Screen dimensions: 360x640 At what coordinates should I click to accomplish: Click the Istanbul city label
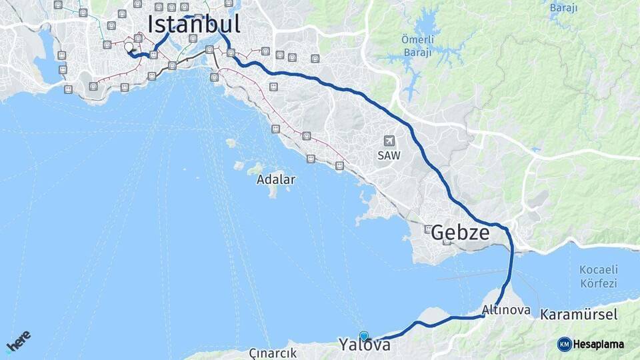[194, 24]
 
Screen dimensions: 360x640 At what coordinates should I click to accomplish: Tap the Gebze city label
[460, 233]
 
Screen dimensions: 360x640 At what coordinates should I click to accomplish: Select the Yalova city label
[364, 345]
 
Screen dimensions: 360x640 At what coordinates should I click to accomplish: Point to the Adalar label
[275, 179]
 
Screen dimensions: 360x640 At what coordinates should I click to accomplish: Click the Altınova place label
[507, 310]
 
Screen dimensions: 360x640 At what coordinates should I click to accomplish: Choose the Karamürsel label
[579, 314]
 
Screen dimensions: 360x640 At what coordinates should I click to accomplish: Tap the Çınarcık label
[272, 353]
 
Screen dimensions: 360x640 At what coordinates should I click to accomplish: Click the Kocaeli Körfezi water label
[598, 277]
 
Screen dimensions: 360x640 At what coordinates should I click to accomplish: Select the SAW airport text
[390, 154]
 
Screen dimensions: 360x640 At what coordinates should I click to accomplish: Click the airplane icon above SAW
[390, 141]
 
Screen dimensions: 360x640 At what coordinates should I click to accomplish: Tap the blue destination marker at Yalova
[363, 336]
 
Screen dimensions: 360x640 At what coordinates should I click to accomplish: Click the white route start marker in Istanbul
[129, 47]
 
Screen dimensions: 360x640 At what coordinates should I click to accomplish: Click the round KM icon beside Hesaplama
[564, 344]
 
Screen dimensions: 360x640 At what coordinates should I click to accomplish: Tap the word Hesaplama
[599, 344]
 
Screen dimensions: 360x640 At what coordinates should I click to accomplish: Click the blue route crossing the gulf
[511, 273]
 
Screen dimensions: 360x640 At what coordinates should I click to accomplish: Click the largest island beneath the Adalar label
[272, 191]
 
